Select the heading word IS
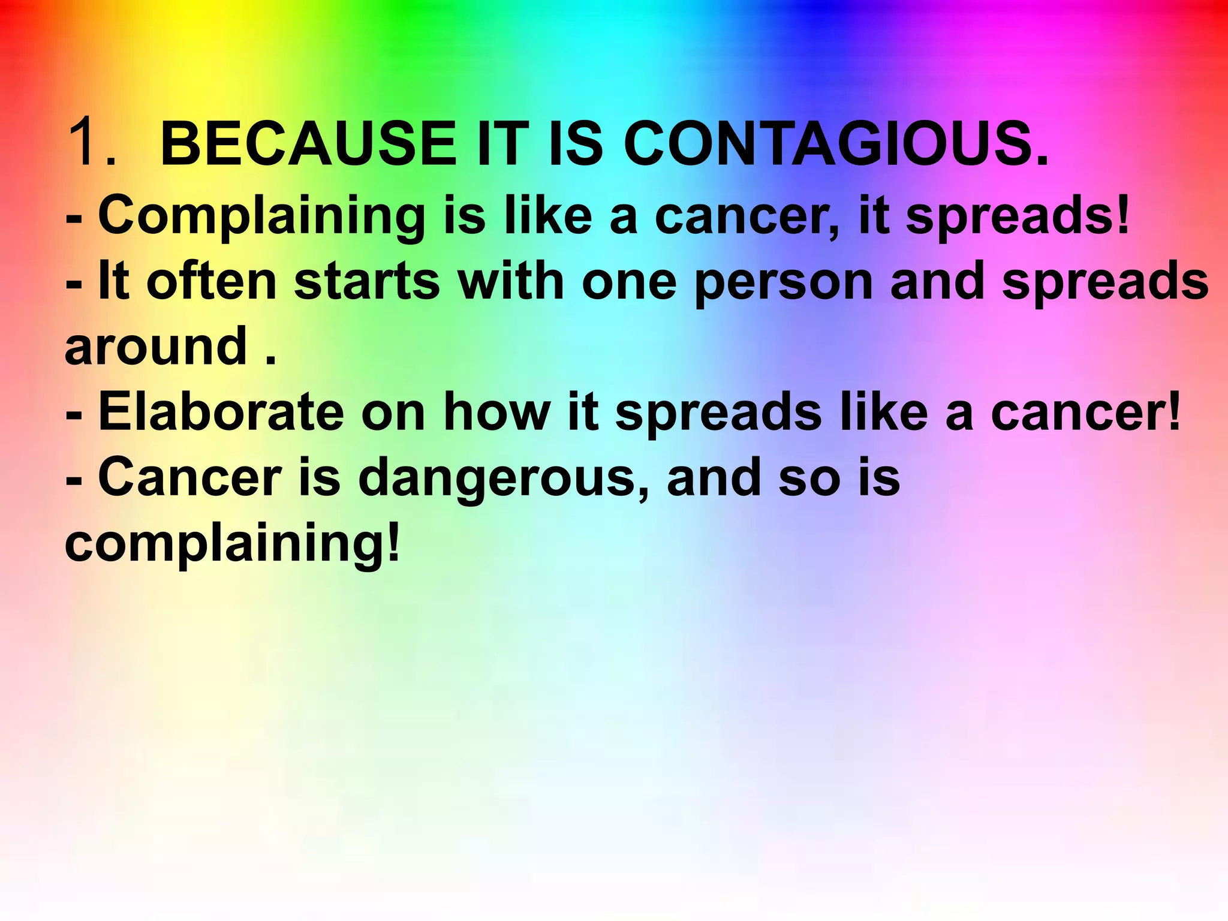pyautogui.click(x=575, y=144)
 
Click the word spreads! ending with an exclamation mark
pyautogui.click(x=1018, y=216)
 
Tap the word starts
pyautogui.click(x=367, y=282)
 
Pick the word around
pyautogui.click(x=156, y=347)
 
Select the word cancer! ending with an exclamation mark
pyautogui.click(x=1086, y=413)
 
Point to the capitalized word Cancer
pyautogui.click(x=189, y=477)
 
